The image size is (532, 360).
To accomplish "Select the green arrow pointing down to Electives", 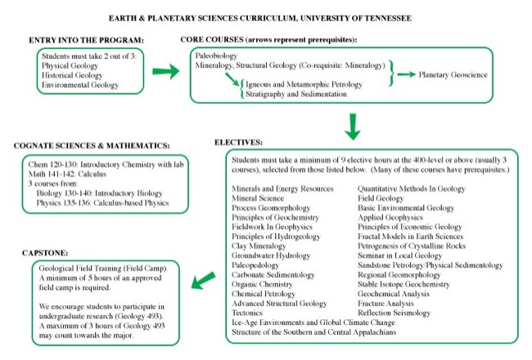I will click(x=353, y=124).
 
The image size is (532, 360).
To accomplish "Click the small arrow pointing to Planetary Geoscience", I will click(x=404, y=74).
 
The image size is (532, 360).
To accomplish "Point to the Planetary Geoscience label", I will click(x=453, y=74).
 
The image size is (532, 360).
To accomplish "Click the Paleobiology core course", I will click(x=217, y=55).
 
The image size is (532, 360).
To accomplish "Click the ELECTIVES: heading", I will click(x=238, y=142).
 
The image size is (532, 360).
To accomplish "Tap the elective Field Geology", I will click(x=382, y=198).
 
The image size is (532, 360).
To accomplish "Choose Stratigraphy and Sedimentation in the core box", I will click(x=295, y=94).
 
